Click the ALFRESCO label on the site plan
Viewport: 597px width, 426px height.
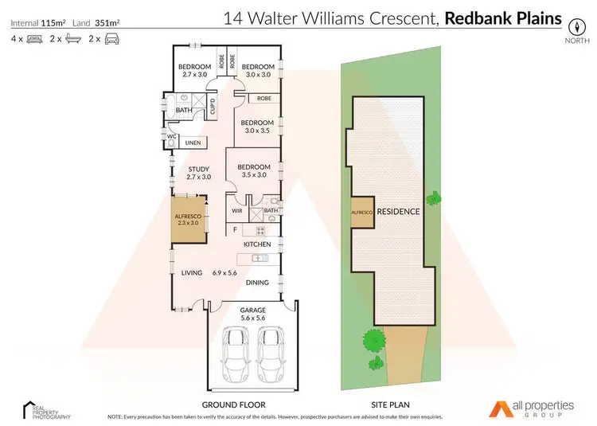coord(362,213)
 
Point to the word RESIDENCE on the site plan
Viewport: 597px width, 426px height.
coord(398,213)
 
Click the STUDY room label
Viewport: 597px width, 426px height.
coord(198,169)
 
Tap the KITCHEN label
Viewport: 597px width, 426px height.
coord(258,244)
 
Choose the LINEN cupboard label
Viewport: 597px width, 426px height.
coord(193,143)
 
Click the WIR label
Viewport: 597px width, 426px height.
coord(236,211)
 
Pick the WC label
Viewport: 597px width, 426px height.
coord(170,136)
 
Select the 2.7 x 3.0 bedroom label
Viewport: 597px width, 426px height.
coord(194,74)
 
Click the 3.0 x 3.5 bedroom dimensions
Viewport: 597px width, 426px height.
coord(258,130)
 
